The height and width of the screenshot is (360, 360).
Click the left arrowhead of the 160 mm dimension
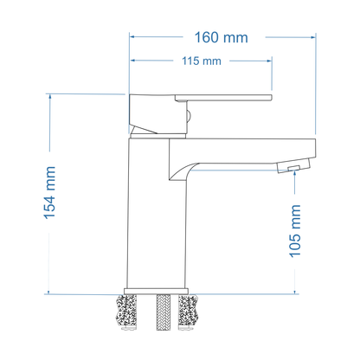tap(132, 37)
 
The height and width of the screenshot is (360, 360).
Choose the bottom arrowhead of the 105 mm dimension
tap(298, 288)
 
